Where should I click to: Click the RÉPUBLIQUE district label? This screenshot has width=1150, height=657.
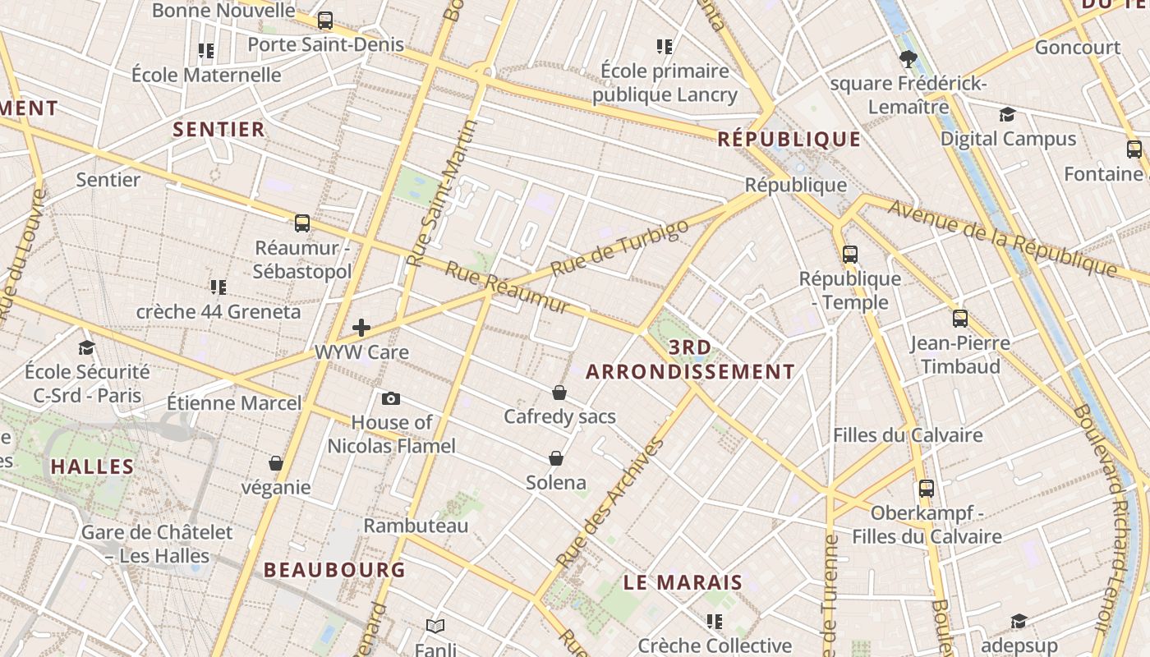point(789,139)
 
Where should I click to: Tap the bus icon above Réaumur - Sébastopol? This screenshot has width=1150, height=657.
point(302,223)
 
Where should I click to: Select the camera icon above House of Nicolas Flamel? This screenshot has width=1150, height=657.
point(391,398)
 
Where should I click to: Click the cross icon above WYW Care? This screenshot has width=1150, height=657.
point(361,328)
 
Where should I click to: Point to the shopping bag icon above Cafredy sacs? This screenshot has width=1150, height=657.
point(559,393)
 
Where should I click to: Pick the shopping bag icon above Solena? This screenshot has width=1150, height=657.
point(556,458)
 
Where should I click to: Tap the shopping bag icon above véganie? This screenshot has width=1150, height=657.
point(276,464)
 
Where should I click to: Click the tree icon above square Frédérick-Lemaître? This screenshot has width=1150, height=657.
point(908,58)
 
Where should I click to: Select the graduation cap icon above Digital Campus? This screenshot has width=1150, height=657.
point(1007,114)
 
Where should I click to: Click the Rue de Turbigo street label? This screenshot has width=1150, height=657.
point(619,248)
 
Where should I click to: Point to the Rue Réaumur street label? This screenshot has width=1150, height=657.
point(507,287)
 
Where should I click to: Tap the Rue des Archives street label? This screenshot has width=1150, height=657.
point(609,503)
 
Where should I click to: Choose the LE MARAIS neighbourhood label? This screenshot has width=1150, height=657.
point(683,583)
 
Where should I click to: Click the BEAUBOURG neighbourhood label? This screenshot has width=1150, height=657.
point(334,569)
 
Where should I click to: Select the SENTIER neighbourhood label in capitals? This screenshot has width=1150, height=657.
point(218,129)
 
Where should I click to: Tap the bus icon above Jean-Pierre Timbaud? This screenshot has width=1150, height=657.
point(959,318)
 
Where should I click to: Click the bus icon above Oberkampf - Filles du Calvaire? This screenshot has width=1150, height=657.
point(927,489)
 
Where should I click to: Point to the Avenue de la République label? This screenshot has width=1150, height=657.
point(1002,238)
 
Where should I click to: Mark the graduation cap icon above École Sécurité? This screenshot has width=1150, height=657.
point(86,347)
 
